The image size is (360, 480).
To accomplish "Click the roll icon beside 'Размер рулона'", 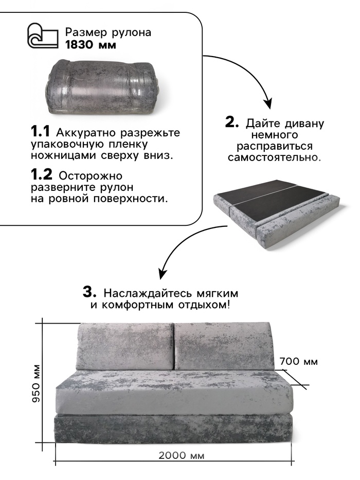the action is (43, 36).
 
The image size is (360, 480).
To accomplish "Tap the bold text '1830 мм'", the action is (91, 45).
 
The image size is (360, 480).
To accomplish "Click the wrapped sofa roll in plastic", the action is (104, 88).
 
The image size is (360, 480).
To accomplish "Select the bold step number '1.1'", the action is (41, 132).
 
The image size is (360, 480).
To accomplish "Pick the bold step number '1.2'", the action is (42, 174).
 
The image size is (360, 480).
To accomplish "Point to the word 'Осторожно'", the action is (91, 176).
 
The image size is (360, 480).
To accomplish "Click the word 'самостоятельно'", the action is (273, 158).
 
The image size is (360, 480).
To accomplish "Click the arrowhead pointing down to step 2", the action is (268, 103).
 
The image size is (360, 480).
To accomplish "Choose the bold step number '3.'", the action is (89, 292).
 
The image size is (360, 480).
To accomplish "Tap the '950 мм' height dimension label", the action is (37, 383).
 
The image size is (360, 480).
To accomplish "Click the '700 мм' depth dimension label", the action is (298, 362).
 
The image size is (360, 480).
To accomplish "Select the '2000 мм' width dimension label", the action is (181, 455).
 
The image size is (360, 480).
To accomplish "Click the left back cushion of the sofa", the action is (124, 346).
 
